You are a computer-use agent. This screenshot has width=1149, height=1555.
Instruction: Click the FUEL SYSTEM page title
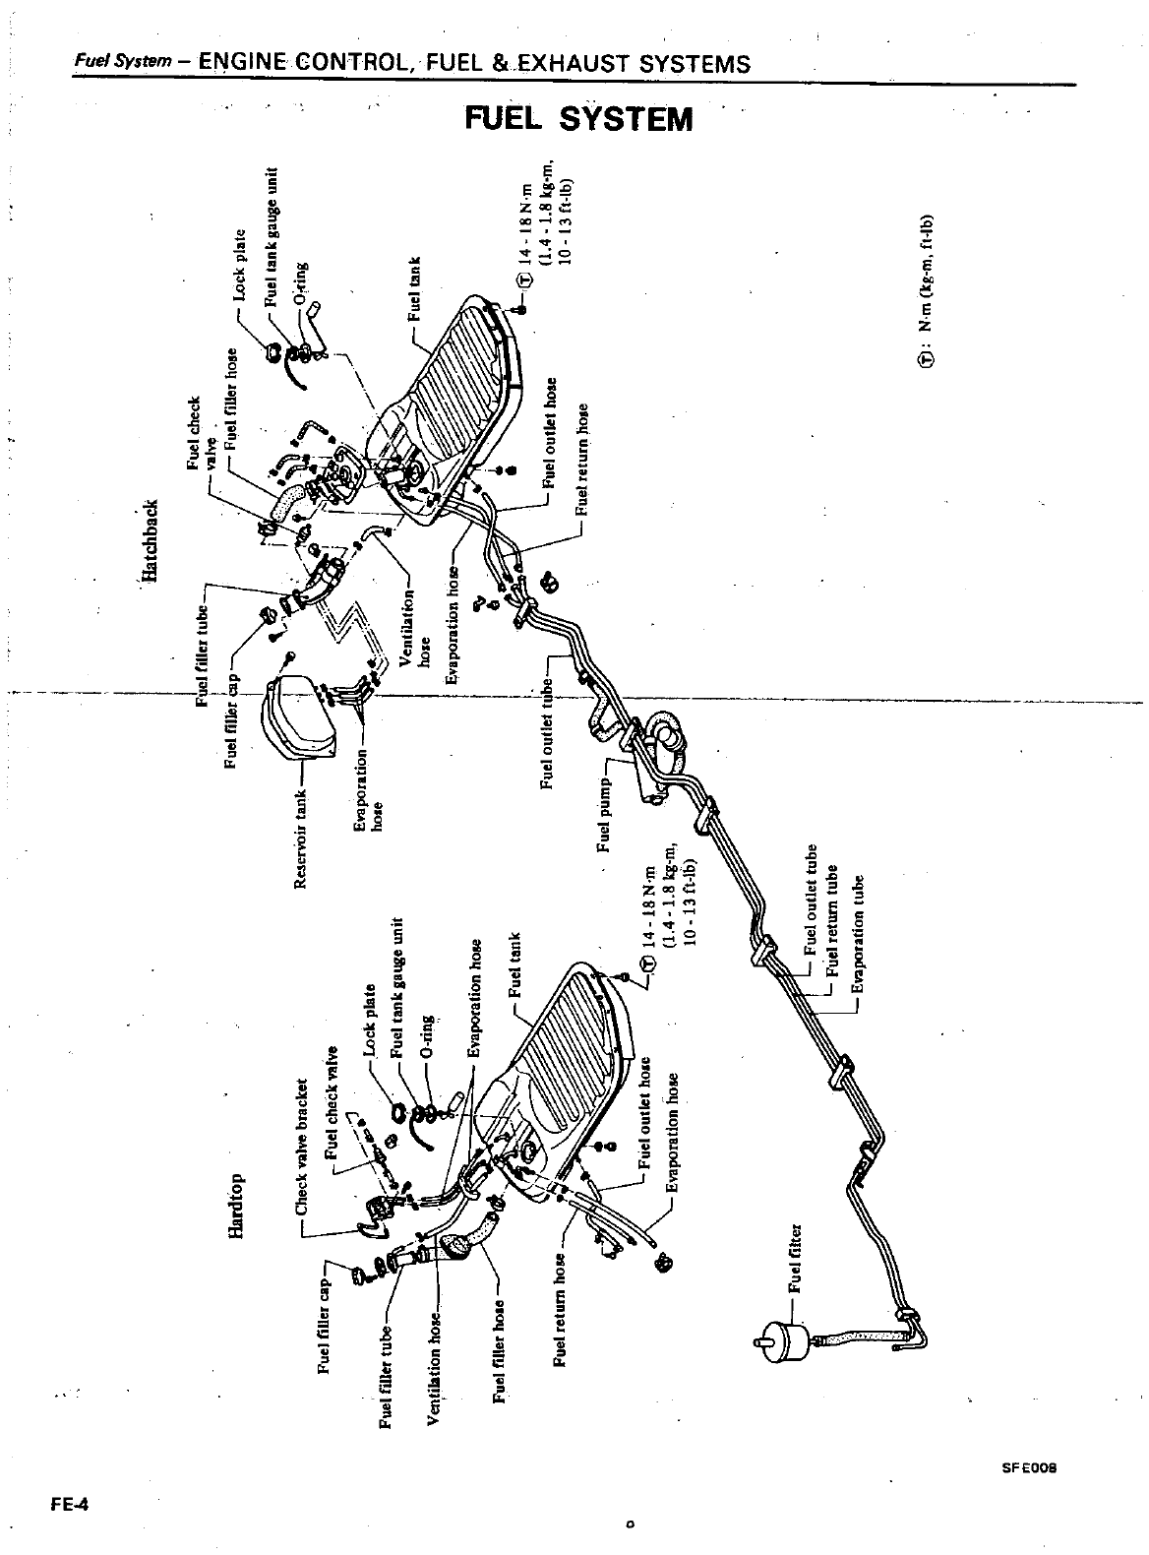579,119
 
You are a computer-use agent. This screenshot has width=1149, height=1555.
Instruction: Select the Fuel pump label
605,800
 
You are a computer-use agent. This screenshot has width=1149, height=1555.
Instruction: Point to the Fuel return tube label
832,920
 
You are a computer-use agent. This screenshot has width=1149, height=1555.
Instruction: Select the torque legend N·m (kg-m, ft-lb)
928,289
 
